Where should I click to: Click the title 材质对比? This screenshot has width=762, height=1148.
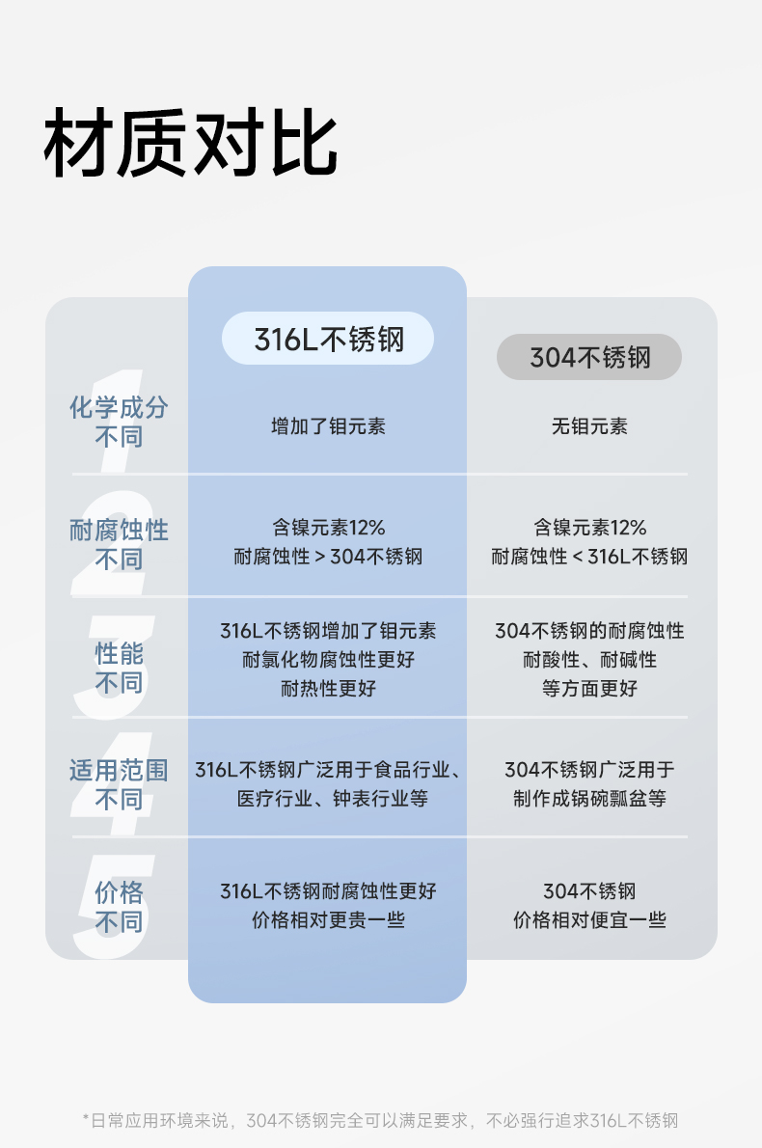point(191,145)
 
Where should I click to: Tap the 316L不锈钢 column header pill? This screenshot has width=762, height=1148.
point(328,339)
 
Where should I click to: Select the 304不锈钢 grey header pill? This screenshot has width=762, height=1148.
point(589,358)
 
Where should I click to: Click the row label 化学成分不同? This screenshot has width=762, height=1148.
point(119,422)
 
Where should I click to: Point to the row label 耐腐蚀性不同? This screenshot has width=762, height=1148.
point(119,544)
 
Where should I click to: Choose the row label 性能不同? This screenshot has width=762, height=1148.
point(119,668)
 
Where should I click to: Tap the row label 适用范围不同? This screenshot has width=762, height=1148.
point(119,784)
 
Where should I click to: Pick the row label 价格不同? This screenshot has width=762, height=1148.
point(119,907)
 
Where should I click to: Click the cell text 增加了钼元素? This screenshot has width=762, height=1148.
point(328,425)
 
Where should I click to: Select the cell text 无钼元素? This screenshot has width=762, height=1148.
point(589,425)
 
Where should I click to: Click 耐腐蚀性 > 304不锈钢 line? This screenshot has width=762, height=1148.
point(328,557)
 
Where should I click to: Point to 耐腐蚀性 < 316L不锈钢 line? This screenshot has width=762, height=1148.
point(589,557)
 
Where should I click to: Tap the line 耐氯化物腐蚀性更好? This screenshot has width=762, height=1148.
point(328,660)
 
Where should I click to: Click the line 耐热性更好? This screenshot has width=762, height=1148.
point(328,689)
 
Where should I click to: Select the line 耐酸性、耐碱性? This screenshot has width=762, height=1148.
point(589,660)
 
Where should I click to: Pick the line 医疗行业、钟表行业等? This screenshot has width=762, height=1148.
point(328,799)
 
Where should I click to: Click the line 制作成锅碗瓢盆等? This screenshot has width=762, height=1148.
point(589,799)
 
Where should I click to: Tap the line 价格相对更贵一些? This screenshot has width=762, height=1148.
point(328,920)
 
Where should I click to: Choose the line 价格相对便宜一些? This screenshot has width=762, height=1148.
point(589,920)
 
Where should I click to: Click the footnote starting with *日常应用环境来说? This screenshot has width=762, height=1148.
point(381,1120)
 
